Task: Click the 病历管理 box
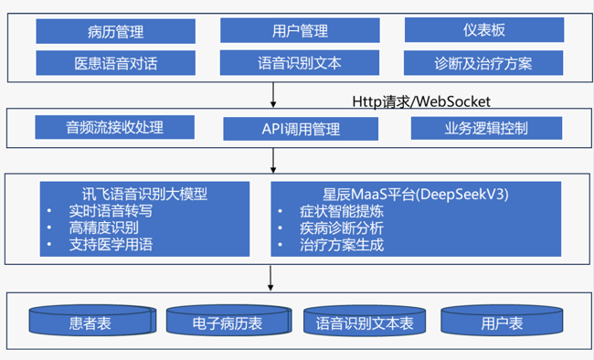pos(115,32)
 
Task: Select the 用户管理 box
pos(300,31)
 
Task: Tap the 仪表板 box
pos(483,30)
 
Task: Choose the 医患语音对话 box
pos(115,64)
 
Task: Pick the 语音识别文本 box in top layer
pos(300,64)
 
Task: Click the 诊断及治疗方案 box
pos(483,64)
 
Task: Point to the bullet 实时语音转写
pos(109,210)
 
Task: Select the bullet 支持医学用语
pos(109,244)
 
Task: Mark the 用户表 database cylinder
pos(502,323)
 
